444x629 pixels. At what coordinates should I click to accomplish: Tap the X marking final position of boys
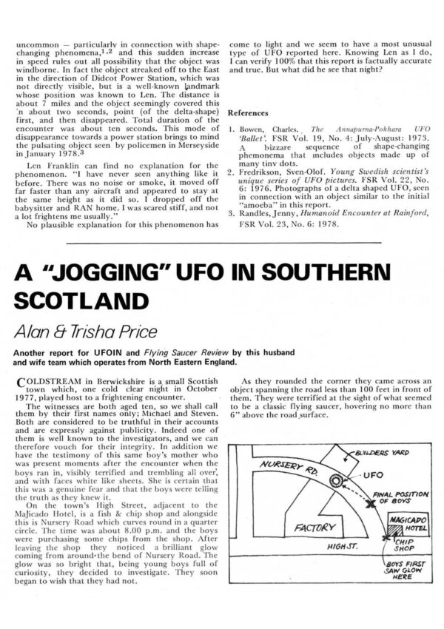point(367,502)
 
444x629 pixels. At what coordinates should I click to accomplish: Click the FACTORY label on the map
point(314,529)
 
